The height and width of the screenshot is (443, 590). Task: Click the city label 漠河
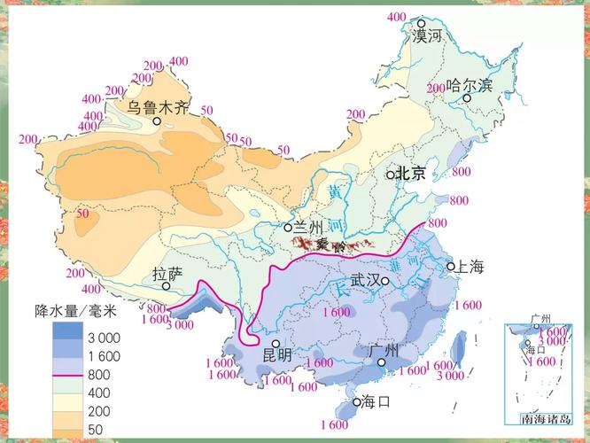[427, 36]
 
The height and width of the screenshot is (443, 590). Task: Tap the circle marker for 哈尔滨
[467, 97]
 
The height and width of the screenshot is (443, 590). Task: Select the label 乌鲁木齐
[157, 107]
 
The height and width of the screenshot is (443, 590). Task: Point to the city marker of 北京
[391, 175]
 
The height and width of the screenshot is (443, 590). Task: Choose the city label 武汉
[364, 280]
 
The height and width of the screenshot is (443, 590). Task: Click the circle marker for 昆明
[276, 344]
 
